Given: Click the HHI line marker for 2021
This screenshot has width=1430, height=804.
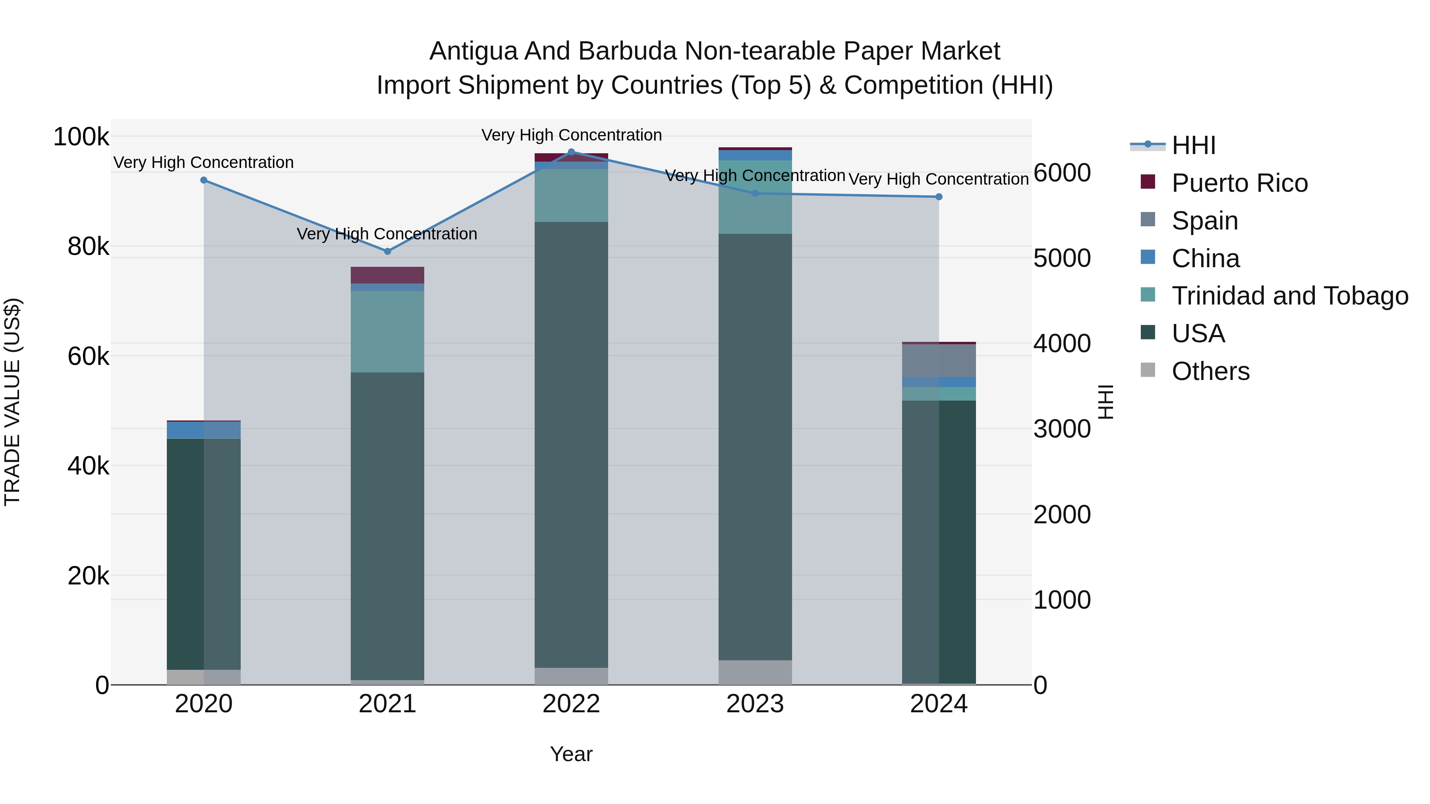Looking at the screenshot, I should pyautogui.click(x=387, y=251).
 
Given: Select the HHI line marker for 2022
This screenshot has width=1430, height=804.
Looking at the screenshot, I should pyautogui.click(x=571, y=152).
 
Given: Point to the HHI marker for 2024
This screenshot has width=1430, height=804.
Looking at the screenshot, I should pyautogui.click(x=939, y=197).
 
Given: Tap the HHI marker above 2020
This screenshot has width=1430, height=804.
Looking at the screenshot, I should pyautogui.click(x=204, y=180).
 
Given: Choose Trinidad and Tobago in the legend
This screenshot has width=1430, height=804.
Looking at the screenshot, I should pyautogui.click(x=1289, y=296).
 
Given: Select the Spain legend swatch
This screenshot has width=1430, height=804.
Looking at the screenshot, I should pyautogui.click(x=1148, y=220).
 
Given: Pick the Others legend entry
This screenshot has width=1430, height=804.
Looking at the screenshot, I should pyautogui.click(x=1210, y=371).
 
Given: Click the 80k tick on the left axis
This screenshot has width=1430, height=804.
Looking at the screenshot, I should pyautogui.click(x=88, y=246).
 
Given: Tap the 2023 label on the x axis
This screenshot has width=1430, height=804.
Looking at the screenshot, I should pyautogui.click(x=755, y=704).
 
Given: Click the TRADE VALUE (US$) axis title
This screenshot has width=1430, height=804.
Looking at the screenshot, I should pyautogui.click(x=13, y=402).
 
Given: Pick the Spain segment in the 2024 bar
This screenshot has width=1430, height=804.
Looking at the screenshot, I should pyautogui.click(x=939, y=361).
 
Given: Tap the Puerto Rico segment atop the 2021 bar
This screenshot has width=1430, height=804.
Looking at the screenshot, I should pyautogui.click(x=387, y=275).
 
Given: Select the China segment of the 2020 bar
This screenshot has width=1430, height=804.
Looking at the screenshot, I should pyautogui.click(x=204, y=430).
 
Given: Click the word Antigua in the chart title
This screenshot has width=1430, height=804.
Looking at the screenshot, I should pyautogui.click(x=472, y=52).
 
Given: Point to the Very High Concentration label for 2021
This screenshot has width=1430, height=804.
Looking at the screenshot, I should pyautogui.click(x=387, y=234).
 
